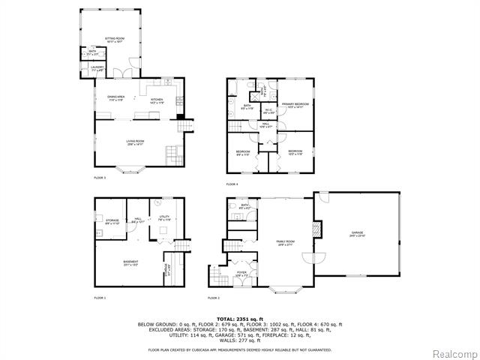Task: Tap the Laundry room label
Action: (x=97, y=69)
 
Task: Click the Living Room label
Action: (x=135, y=142)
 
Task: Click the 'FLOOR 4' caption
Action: (x=232, y=184)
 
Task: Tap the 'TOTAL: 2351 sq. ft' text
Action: (x=239, y=319)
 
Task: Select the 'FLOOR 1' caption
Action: (x=100, y=298)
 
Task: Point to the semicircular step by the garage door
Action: (x=316, y=258)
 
